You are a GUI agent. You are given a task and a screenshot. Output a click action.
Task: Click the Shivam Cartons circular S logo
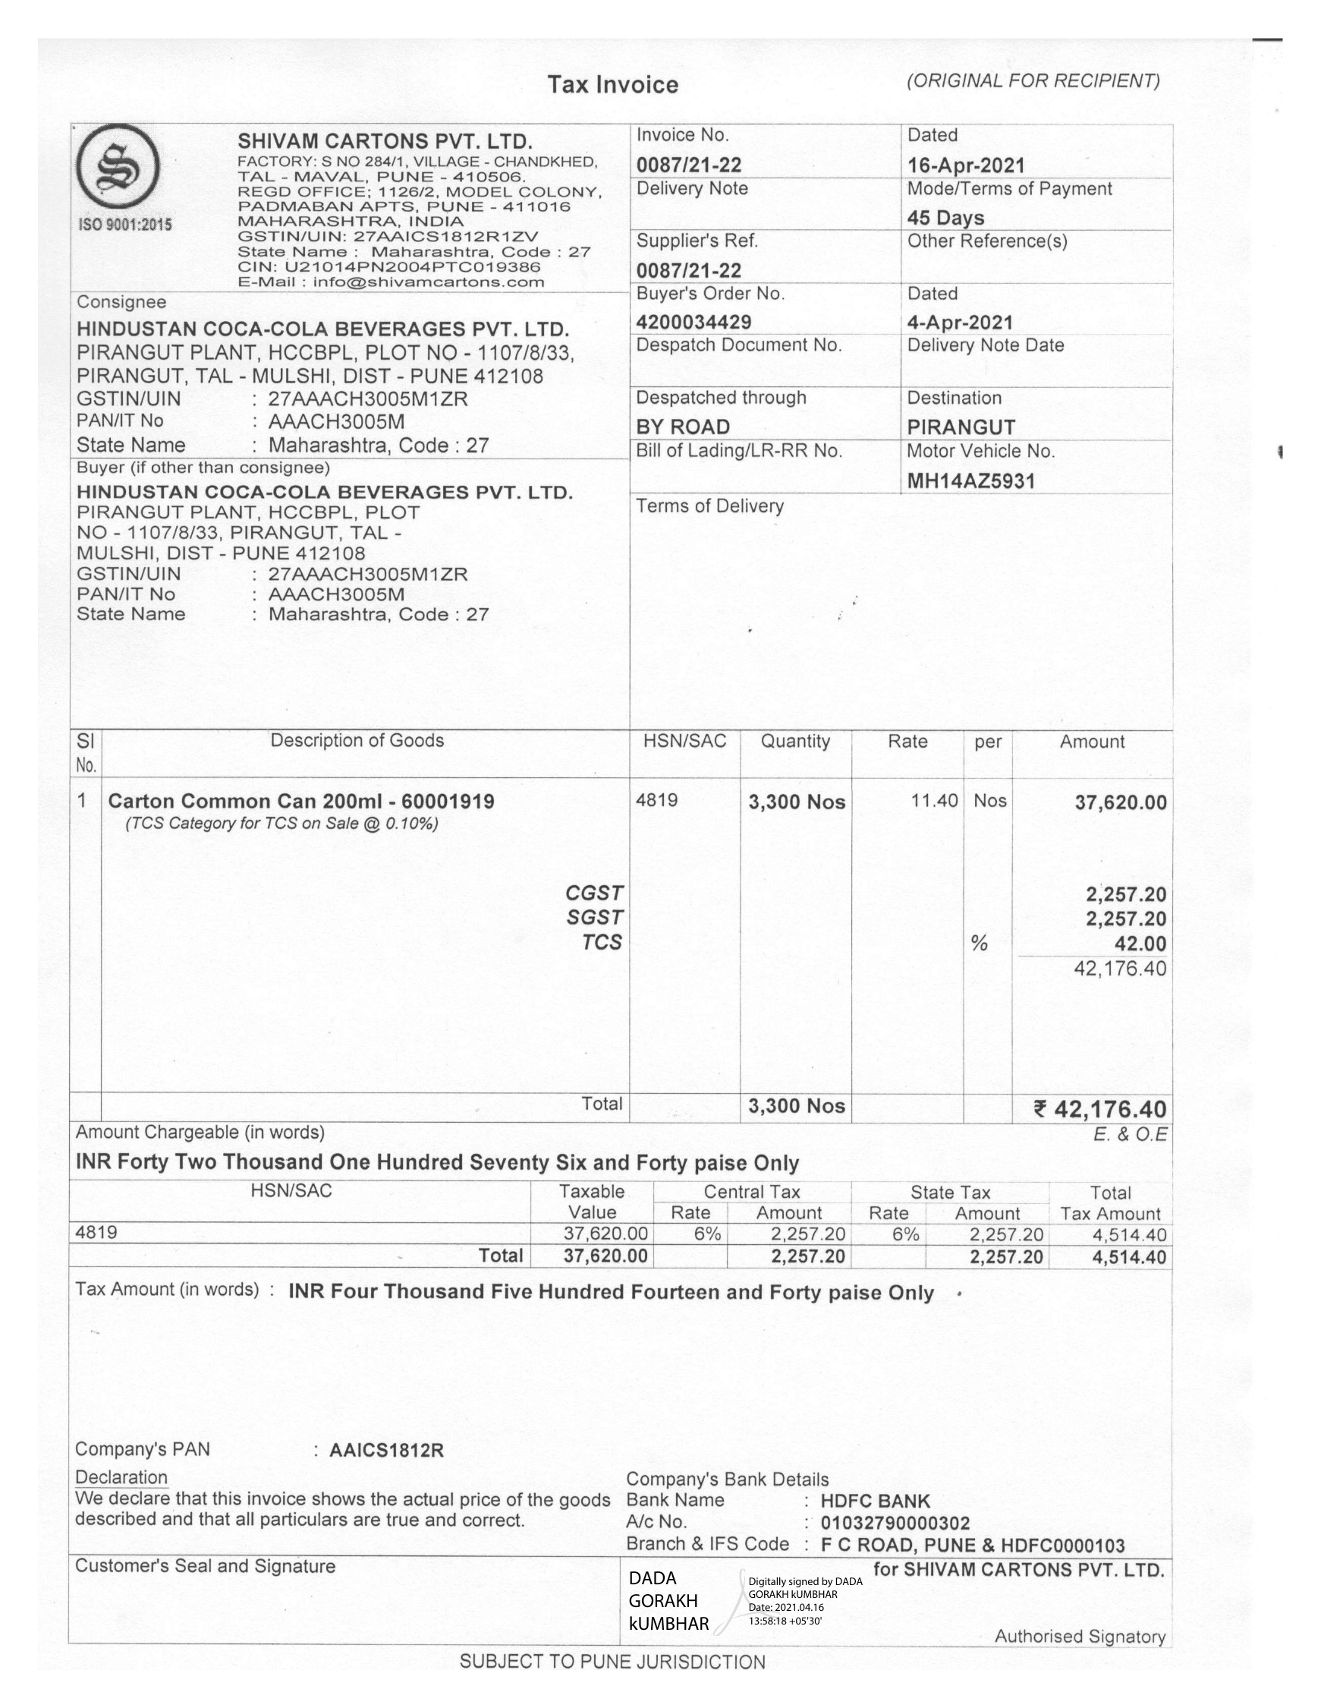point(118,166)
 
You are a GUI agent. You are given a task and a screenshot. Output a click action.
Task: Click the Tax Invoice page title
point(613,84)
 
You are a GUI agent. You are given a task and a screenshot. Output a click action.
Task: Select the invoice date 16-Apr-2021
point(965,165)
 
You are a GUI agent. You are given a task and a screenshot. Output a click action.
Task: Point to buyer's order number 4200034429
point(694,321)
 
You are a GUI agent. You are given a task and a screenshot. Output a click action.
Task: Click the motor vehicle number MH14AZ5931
point(970,481)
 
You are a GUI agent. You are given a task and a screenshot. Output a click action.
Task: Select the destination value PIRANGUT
point(961,427)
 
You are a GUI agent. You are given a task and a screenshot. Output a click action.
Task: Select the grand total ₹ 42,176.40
point(1099,1109)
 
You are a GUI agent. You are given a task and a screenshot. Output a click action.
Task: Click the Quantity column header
point(795,742)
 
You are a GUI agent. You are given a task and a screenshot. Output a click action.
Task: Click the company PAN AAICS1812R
point(386,1450)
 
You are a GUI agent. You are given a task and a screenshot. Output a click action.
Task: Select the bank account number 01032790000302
point(895,1523)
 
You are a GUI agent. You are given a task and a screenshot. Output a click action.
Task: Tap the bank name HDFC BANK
point(876,1501)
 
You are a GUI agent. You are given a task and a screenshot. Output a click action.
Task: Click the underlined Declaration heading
point(121,1477)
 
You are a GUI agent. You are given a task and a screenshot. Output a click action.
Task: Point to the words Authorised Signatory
point(1080,1636)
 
